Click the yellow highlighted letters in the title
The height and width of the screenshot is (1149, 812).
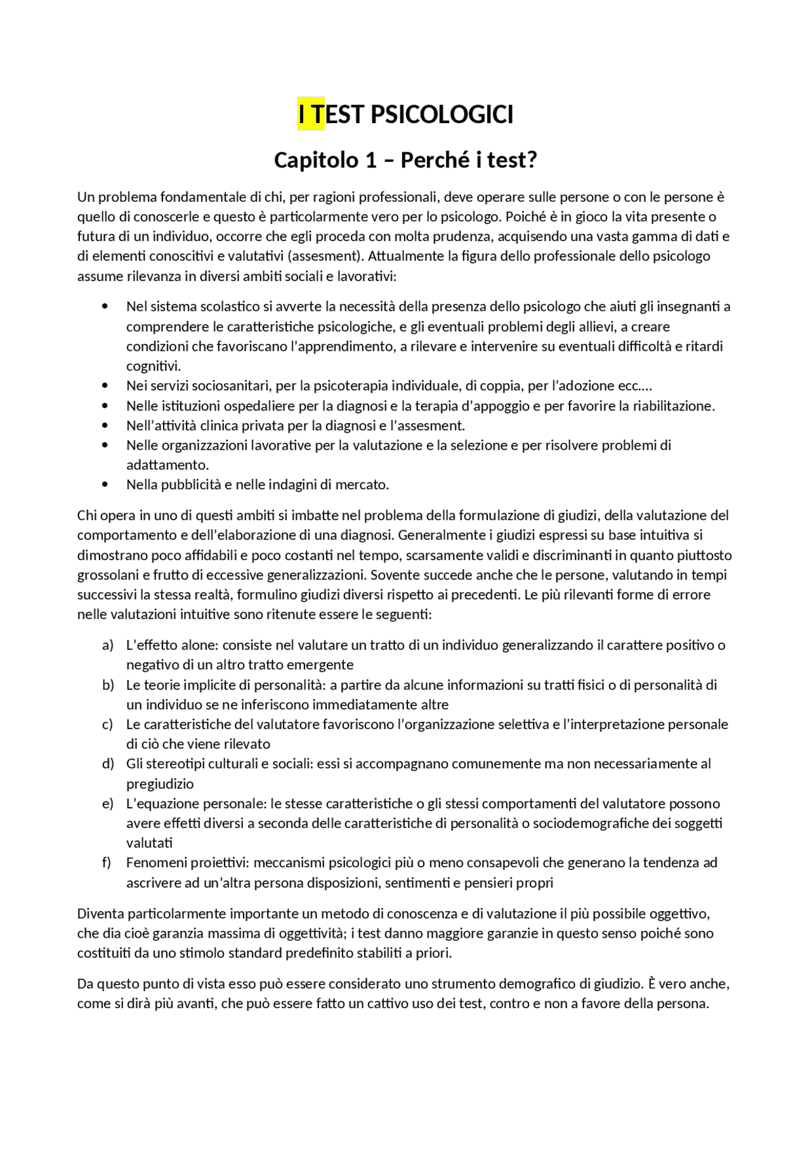point(311,115)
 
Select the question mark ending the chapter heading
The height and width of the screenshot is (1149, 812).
point(532,160)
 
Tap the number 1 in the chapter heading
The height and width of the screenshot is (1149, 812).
point(370,160)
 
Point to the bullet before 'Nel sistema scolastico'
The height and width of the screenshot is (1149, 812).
point(105,307)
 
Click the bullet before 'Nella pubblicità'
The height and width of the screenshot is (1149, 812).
point(105,485)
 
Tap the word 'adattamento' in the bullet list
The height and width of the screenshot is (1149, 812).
point(166,465)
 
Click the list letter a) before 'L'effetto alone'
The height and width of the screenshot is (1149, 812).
point(108,645)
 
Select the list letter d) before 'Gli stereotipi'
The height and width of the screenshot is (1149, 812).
point(108,764)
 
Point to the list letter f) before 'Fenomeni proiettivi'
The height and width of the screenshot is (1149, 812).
point(107,863)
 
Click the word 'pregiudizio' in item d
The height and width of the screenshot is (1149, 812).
point(160,784)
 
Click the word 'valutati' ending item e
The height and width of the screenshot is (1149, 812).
point(149,843)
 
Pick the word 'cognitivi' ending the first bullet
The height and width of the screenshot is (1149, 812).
point(153,366)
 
